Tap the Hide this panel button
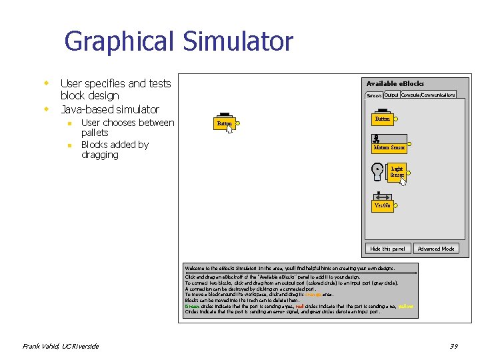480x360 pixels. point(387,249)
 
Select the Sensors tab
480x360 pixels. point(374,95)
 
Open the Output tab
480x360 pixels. point(391,95)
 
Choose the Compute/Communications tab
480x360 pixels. point(428,95)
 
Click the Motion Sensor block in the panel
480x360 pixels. point(389,147)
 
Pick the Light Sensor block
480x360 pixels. point(397,172)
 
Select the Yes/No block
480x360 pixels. point(383,206)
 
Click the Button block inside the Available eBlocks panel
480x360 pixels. point(383,119)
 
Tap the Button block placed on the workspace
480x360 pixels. point(224,123)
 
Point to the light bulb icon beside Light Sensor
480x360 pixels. point(377,171)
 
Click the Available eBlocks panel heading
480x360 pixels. point(395,83)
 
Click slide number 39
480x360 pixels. point(453,346)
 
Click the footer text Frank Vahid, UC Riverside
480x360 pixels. point(61,346)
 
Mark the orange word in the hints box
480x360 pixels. point(313,294)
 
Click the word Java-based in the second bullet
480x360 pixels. point(85,109)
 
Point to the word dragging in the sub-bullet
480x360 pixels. point(99,155)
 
